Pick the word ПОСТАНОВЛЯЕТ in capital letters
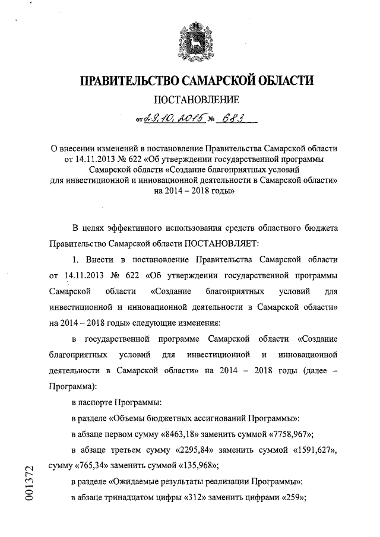tap(220, 244)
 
